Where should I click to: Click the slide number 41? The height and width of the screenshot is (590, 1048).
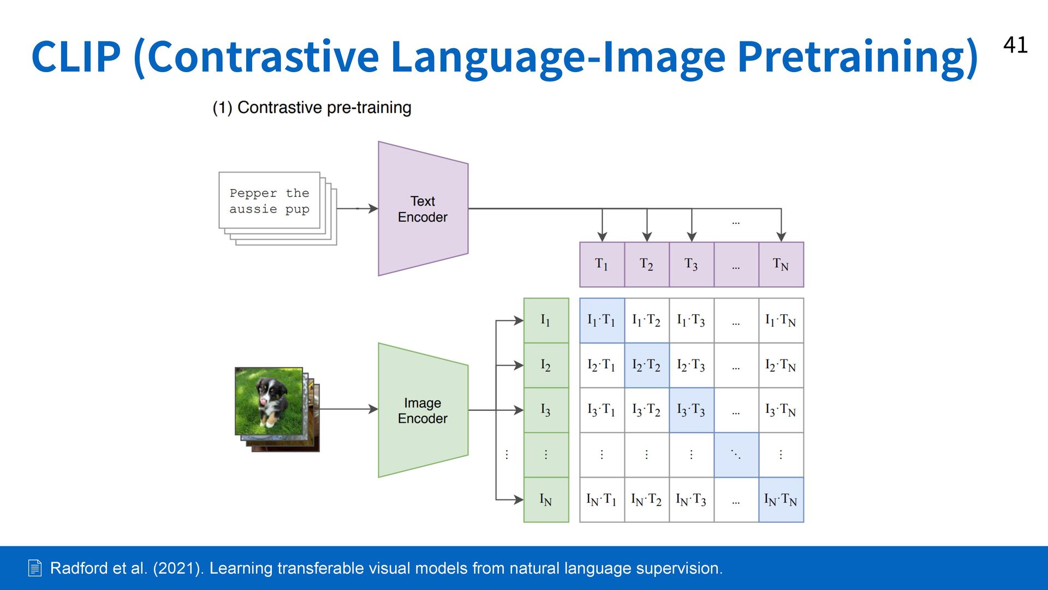[1015, 45]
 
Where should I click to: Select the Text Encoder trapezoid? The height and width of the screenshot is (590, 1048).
[422, 209]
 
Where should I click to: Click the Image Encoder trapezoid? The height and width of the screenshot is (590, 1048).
[422, 410]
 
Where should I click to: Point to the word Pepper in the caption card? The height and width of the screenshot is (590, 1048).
[253, 193]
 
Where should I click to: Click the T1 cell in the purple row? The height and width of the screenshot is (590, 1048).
[602, 265]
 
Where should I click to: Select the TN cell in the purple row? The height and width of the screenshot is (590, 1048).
[781, 265]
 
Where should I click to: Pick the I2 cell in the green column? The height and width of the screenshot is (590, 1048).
[546, 365]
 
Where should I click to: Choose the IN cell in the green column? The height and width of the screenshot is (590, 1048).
[546, 499]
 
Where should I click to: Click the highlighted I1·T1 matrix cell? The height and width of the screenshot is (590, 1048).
[602, 320]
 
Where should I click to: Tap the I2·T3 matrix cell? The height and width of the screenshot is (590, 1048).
[691, 365]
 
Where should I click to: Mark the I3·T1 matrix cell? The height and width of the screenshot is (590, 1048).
[602, 410]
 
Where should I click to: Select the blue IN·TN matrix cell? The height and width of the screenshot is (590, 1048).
[781, 499]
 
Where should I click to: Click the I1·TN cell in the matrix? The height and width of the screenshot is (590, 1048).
[781, 320]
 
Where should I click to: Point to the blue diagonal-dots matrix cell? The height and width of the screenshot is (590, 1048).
[736, 455]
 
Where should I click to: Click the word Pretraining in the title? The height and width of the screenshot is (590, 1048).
[857, 57]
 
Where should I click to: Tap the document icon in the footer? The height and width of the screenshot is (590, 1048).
[34, 568]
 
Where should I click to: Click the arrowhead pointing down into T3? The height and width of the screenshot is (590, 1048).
[692, 237]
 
